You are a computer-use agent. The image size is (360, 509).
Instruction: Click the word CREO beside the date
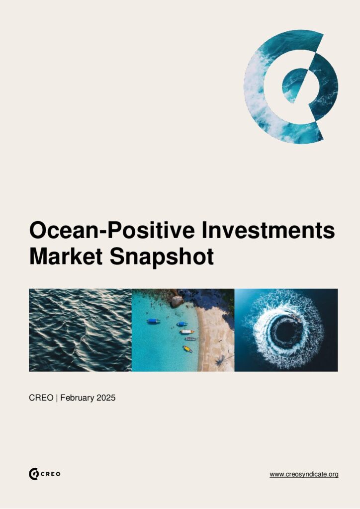[41, 398]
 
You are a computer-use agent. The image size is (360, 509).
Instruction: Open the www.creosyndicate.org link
[304, 474]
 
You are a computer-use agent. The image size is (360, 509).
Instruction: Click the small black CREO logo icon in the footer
[34, 474]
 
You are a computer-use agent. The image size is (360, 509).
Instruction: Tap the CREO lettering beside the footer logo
[51, 474]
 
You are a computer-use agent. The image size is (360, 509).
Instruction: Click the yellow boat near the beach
[187, 349]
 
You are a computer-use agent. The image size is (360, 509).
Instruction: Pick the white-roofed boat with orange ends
[187, 332]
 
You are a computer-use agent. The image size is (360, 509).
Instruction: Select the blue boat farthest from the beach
[153, 321]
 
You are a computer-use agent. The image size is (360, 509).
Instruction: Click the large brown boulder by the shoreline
[177, 301]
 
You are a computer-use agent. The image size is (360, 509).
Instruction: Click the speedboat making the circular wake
[296, 318]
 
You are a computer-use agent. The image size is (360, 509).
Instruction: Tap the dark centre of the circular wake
[287, 331]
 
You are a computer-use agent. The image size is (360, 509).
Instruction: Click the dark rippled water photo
[80, 330]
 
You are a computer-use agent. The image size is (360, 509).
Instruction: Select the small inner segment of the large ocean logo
[293, 85]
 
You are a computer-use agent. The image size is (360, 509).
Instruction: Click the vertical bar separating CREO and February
[57, 398]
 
